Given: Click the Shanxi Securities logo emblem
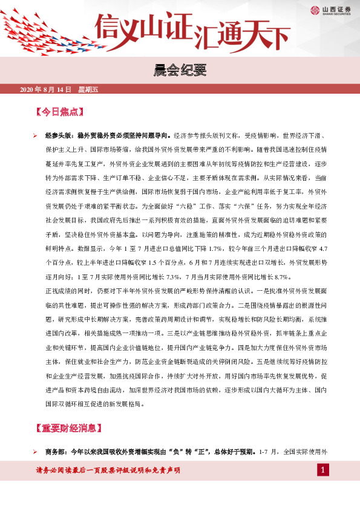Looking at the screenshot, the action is pos(314,10).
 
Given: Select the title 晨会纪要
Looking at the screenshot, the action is pos(180,71).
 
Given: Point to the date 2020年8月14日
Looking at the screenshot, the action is pos(46,89).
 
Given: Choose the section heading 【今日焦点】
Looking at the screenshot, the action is pos(59,112).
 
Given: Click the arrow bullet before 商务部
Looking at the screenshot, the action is pos(35,452).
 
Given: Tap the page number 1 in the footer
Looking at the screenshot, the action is pos(324,470).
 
